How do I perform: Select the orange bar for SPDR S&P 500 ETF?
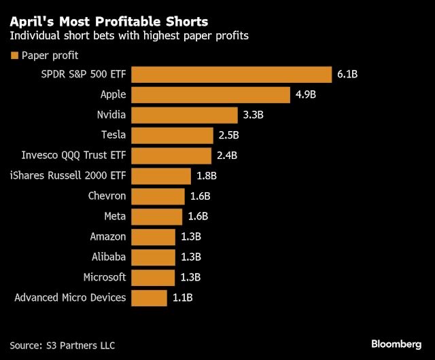click(231, 75)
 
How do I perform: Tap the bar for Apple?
click(211, 94)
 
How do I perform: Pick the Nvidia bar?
click(184, 115)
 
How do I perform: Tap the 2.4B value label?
click(226, 156)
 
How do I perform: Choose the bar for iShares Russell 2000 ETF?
click(161, 176)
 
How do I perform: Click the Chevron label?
click(107, 196)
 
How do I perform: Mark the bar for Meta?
click(157, 217)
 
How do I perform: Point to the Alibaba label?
click(109, 257)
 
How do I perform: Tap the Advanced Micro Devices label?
click(70, 298)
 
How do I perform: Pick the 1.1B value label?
click(183, 298)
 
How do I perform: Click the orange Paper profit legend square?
click(14, 56)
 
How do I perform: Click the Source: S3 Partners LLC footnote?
click(60, 344)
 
